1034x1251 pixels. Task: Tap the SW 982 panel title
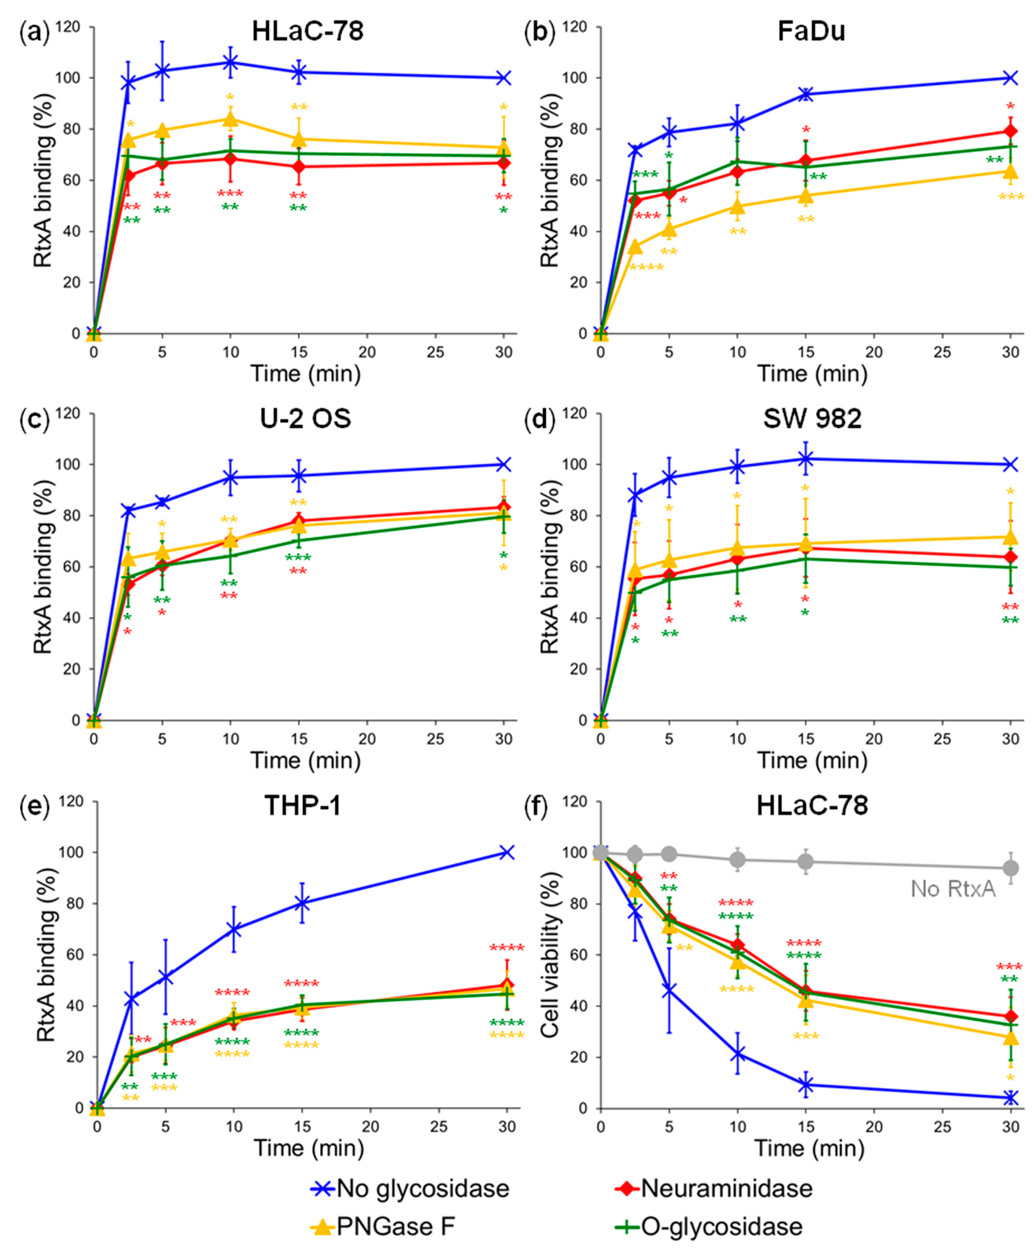[812, 419]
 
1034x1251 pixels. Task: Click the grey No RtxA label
[953, 889]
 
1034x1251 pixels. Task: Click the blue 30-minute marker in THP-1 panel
[507, 852]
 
